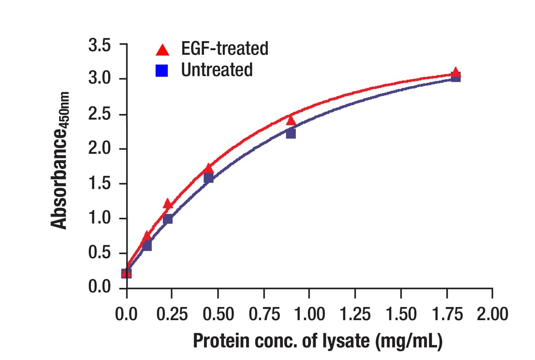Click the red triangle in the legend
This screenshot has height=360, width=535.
(x=162, y=50)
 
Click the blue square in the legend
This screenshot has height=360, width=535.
(x=162, y=71)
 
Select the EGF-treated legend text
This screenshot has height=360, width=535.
(x=225, y=48)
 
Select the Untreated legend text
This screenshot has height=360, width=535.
(x=217, y=69)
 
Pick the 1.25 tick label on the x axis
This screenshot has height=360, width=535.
(x=355, y=314)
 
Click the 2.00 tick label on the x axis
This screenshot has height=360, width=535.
(x=492, y=314)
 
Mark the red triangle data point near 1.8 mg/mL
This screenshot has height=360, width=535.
(x=455, y=72)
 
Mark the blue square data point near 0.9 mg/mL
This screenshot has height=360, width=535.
(x=291, y=134)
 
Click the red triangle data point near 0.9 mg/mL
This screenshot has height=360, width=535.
(x=291, y=121)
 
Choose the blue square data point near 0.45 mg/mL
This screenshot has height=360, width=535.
(x=209, y=178)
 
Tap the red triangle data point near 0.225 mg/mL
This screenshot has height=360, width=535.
(x=168, y=204)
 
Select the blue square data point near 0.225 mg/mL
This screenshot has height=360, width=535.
(x=168, y=219)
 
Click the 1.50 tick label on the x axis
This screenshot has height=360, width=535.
(x=400, y=314)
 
